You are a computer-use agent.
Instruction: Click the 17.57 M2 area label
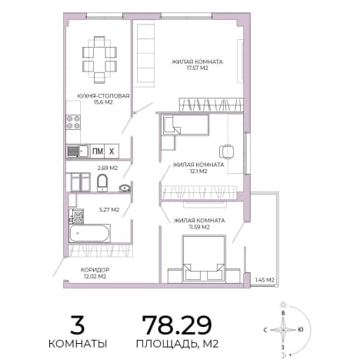(x=197, y=68)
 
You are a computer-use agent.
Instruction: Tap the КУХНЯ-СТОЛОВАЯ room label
(x=103, y=96)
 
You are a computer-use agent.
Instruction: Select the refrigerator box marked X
(x=112, y=152)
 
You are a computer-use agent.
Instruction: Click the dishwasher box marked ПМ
(x=98, y=152)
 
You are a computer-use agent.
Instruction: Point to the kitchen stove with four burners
(x=73, y=122)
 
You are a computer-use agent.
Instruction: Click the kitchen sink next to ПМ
(x=78, y=152)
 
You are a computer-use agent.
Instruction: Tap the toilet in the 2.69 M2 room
(x=102, y=182)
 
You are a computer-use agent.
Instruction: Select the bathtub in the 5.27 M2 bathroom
(x=89, y=233)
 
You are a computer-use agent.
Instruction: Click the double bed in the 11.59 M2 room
(x=204, y=258)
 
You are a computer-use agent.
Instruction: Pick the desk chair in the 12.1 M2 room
(x=226, y=152)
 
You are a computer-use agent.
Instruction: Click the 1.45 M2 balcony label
(x=265, y=280)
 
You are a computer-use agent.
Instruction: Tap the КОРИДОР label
(x=95, y=270)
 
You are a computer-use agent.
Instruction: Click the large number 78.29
(x=177, y=325)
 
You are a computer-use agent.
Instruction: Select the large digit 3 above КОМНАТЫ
(x=77, y=325)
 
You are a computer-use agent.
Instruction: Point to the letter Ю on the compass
(x=301, y=330)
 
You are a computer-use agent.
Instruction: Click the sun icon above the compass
(x=283, y=305)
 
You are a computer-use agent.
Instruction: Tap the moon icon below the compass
(x=284, y=355)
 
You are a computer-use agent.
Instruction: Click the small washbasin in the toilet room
(x=125, y=188)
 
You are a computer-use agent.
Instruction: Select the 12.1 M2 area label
(x=198, y=172)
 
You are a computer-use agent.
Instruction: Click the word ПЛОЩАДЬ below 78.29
(x=167, y=344)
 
